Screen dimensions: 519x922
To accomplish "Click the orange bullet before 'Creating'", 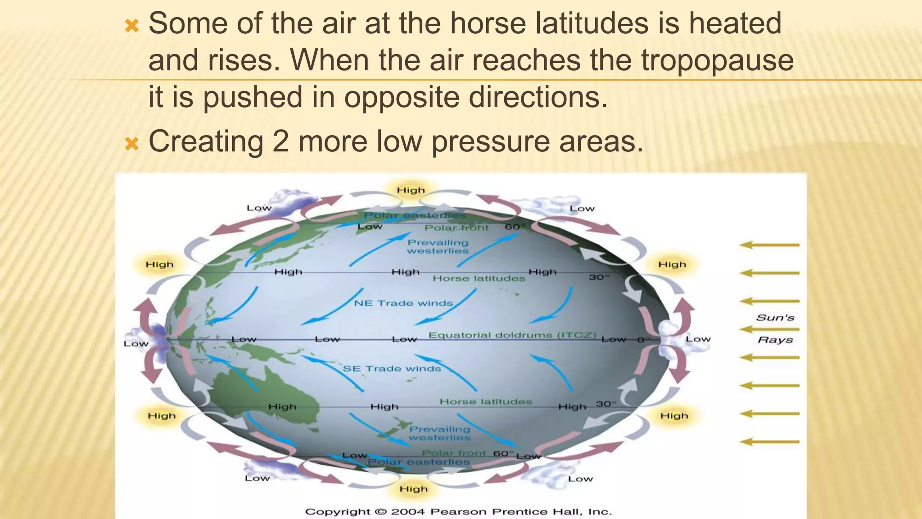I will (x=131, y=145).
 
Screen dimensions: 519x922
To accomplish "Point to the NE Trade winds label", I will (x=403, y=303).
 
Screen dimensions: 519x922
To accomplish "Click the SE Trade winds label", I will (x=392, y=369).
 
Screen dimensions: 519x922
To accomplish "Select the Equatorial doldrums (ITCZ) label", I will (x=512, y=335).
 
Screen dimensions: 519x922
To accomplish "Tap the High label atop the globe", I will (x=411, y=190).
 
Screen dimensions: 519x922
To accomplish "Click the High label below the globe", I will (x=413, y=489).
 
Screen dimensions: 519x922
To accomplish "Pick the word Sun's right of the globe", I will (x=775, y=318).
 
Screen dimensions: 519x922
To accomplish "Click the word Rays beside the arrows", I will (x=775, y=340).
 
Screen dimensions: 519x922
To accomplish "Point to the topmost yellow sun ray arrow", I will (x=769, y=245).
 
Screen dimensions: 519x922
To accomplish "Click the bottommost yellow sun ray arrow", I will (x=769, y=442).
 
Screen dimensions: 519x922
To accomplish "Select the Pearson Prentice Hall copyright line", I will (x=458, y=512).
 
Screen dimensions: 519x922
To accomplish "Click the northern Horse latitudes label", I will (x=479, y=278).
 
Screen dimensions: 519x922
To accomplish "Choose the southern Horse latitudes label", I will (x=485, y=401).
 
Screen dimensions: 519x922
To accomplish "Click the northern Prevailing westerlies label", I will (x=438, y=246).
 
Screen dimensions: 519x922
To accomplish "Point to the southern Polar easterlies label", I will (x=419, y=462).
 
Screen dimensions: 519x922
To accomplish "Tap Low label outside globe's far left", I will (x=136, y=344).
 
